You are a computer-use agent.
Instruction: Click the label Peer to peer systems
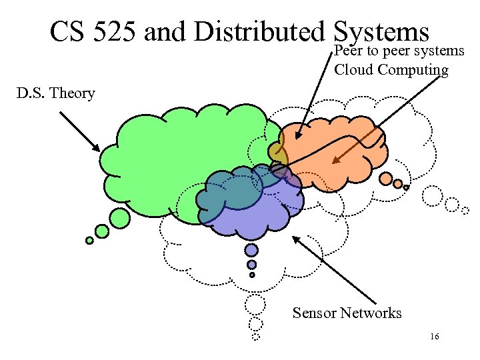pos(399,51)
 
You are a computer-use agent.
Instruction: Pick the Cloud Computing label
pos(391,69)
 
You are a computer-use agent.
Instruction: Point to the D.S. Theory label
pos(56,93)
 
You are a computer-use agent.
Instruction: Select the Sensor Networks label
pos(347,313)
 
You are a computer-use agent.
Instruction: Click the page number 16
pos(434,337)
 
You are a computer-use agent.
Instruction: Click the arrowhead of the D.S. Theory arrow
pos(97,149)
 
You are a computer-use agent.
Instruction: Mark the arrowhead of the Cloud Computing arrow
pos(335,161)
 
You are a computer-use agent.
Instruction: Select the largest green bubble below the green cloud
pos(119,217)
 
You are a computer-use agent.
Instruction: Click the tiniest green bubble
pos(89,241)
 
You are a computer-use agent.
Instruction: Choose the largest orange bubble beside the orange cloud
pos(386,178)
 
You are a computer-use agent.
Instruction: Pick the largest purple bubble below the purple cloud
pos(251,250)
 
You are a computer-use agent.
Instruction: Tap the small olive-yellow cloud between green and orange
pos(277,155)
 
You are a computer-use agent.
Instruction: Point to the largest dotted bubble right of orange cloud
pos(433,196)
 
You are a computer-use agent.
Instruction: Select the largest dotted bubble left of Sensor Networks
pos(254,305)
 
